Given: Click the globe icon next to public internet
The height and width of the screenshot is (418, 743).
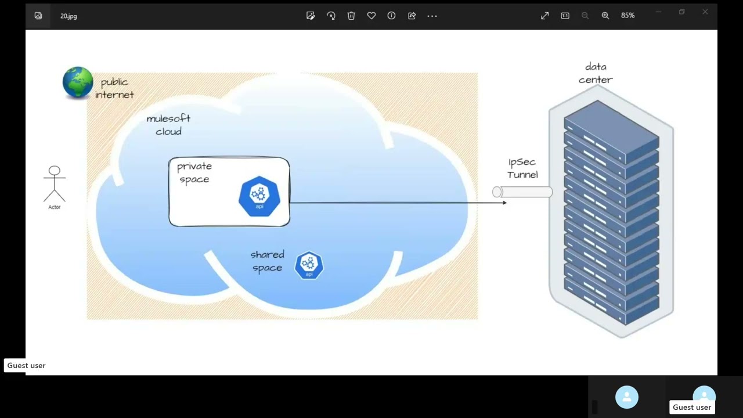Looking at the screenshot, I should coord(78,82).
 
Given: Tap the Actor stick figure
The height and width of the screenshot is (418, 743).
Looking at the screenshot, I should coord(54,185).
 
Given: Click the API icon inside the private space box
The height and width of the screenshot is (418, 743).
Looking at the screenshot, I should coord(259,196).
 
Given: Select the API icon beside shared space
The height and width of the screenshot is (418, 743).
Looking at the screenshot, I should coord(309,265).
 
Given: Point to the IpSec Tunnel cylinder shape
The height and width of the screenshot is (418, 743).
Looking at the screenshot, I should coord(522,192).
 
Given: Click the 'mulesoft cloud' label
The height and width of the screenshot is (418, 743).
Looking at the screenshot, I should coord(168,125).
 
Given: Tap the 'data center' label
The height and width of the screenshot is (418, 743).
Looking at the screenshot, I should coord(596,73).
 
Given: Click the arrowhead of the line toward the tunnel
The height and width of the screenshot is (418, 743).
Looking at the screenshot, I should coord(504,203).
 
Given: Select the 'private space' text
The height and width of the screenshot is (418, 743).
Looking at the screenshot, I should coord(194,172).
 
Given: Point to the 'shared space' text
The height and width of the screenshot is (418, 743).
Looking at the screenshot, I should coord(267,261).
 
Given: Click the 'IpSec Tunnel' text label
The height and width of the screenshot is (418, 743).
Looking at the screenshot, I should coord(522,168).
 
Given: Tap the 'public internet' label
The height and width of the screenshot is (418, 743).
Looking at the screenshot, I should coord(114,88).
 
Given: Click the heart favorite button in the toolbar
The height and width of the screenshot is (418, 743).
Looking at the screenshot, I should coord(371,16).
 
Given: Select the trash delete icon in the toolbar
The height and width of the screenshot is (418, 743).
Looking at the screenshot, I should coord(351,16).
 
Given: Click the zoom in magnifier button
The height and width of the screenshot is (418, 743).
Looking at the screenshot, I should coord(605,16).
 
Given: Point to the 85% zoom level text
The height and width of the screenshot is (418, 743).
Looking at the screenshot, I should coord(627,16).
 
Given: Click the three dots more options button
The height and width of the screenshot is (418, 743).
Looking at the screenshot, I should coord(432,16).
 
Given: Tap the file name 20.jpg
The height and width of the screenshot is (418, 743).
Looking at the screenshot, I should coord(68,16).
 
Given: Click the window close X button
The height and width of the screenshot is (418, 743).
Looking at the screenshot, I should coord(705,12).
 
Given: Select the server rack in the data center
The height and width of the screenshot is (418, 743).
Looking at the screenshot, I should coord(611,215).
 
